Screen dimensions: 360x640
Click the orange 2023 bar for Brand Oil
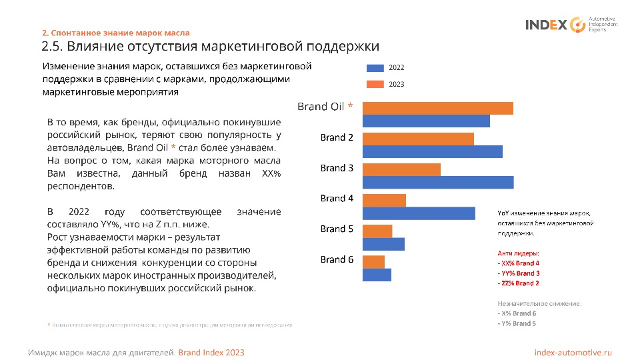[x=437, y=108]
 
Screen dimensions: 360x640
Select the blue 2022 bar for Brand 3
[x=437, y=182]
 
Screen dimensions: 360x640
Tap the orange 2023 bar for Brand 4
[x=384, y=200]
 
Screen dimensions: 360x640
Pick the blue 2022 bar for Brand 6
[x=377, y=274]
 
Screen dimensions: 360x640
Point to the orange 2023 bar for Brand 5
[x=377, y=231]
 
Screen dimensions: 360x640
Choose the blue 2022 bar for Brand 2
[x=432, y=151]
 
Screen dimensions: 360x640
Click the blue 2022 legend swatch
[x=375, y=68]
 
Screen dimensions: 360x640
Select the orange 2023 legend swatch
[x=375, y=85]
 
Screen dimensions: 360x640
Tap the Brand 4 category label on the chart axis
[x=337, y=198]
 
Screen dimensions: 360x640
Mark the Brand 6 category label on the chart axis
[x=337, y=259]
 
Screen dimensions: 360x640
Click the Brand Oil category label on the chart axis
[x=325, y=107]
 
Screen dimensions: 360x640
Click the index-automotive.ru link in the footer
[x=573, y=352]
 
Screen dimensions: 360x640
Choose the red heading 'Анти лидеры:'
[x=518, y=253]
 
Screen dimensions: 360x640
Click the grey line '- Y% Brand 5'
[x=516, y=323]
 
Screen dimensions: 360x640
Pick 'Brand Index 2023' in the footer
[x=211, y=352]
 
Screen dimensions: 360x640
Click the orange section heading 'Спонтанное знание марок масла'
[x=121, y=33]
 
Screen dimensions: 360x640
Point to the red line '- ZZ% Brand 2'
[x=518, y=283]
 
